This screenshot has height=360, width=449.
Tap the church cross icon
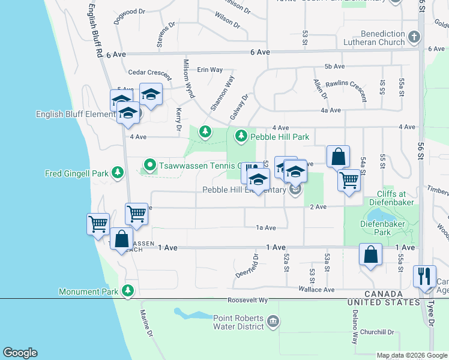[414, 38]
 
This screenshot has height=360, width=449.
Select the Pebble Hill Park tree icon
[241, 137]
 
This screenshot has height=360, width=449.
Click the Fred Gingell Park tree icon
[118, 174]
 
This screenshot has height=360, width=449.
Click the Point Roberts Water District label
[238, 322]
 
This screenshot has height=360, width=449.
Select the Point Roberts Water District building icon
[273, 322]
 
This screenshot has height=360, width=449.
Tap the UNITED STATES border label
[384, 302]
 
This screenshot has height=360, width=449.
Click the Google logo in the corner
[20, 352]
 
